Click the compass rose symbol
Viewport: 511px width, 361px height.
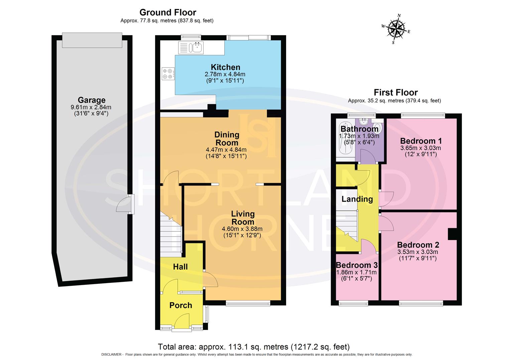396,29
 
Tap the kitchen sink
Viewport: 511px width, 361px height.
197,48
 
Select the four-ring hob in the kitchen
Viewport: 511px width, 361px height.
168,74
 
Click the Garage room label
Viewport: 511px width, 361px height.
92,100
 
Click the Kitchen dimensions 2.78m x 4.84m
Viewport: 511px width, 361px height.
225,74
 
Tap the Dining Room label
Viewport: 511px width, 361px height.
227,139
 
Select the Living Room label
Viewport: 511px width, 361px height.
243,218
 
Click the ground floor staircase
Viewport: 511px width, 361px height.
171,232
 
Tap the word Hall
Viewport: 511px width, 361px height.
180,267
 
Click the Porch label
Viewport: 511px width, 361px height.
181,305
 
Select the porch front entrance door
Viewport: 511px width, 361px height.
182,321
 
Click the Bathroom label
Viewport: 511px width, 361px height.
359,129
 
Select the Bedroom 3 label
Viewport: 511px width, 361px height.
357,265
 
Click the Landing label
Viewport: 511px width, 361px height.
357,199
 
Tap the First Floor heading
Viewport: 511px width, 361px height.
396,92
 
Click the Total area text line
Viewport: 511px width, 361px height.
254,347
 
